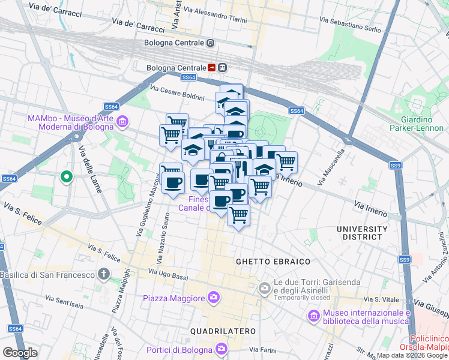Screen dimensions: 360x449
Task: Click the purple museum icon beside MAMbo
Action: [x=122, y=122]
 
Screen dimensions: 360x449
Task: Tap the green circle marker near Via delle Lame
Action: [x=67, y=177]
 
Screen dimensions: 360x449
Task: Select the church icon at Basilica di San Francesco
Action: [x=104, y=275]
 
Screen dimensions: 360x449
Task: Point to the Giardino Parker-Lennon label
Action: [x=416, y=123]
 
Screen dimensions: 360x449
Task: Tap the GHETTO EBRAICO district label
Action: [x=273, y=262]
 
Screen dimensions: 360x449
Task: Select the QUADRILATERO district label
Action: [x=223, y=331]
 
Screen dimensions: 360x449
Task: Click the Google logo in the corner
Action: [x=19, y=352]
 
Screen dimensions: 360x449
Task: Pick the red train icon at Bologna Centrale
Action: [x=211, y=68]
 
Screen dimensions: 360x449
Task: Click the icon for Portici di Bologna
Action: [x=222, y=349]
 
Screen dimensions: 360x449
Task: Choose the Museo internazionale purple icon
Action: [x=313, y=315]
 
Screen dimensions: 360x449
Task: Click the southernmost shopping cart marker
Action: [x=238, y=214]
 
